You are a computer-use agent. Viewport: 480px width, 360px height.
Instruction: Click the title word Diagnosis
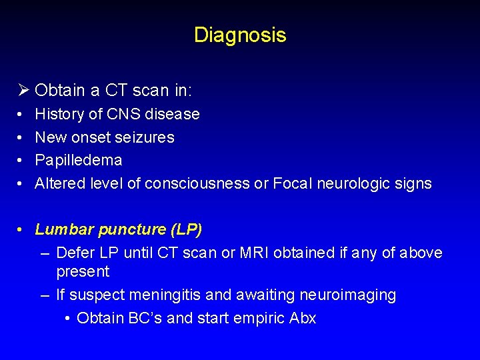click(x=240, y=35)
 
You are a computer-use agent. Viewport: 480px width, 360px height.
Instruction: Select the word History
click(x=59, y=115)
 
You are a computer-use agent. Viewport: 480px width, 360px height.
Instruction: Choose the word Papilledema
click(x=79, y=161)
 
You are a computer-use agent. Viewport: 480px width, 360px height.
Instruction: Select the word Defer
click(x=75, y=253)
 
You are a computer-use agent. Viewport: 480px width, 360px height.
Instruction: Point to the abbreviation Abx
click(x=303, y=318)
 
